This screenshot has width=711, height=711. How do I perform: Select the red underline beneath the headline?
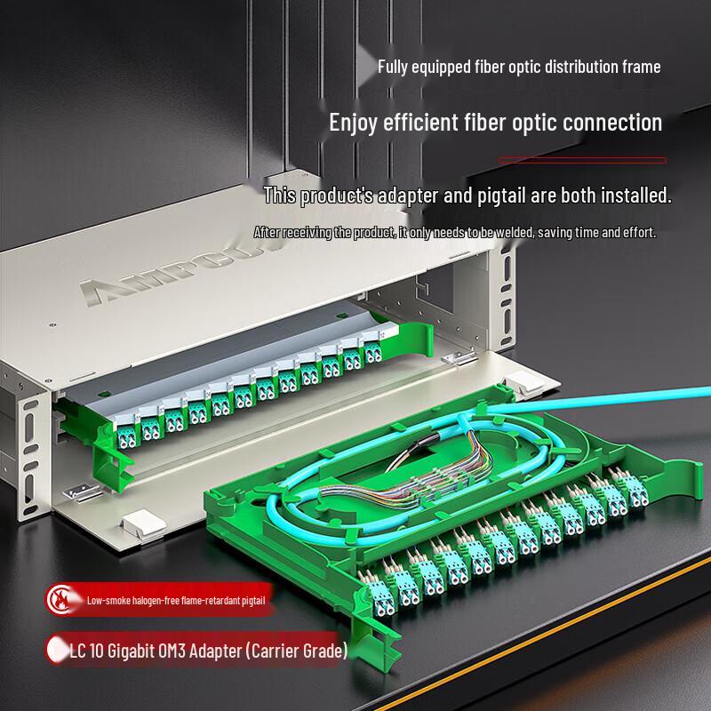[581, 160]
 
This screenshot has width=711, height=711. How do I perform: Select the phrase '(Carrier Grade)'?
[294, 652]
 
